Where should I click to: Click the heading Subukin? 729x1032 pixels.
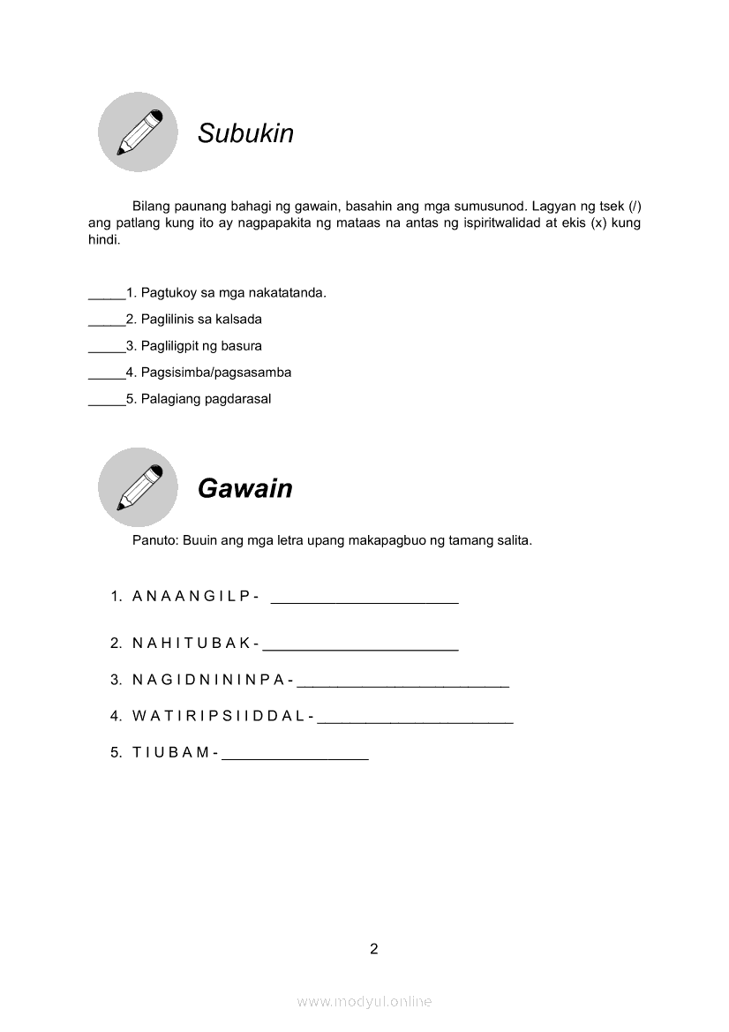245,133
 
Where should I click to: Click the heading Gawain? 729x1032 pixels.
244,488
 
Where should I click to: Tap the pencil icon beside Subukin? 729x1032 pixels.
138,132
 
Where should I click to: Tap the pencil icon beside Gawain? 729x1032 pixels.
138,487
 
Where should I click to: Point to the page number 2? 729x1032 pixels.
374,949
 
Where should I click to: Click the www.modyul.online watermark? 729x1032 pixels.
364,1001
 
